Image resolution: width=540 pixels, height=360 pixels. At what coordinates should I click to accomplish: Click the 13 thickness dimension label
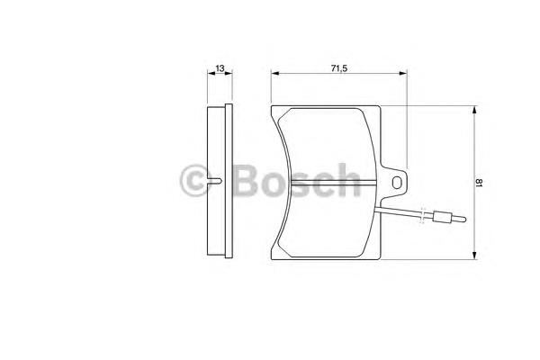click(220, 68)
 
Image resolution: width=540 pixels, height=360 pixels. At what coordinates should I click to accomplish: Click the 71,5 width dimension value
click(339, 68)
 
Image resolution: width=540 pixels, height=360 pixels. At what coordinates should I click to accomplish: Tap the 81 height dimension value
click(480, 182)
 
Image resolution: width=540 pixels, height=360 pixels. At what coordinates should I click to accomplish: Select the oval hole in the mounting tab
click(397, 182)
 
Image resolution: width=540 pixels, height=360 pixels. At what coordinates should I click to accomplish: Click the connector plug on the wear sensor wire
click(442, 217)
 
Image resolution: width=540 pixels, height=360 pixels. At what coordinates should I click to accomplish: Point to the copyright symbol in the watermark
click(195, 180)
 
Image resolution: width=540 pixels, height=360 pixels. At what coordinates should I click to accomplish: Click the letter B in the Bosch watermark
click(246, 180)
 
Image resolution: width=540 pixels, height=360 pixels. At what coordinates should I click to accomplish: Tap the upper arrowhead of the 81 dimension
click(474, 110)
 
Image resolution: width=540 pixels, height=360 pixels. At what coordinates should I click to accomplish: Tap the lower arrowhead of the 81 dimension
click(474, 255)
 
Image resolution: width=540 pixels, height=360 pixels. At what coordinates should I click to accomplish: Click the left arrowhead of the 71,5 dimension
click(275, 73)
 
